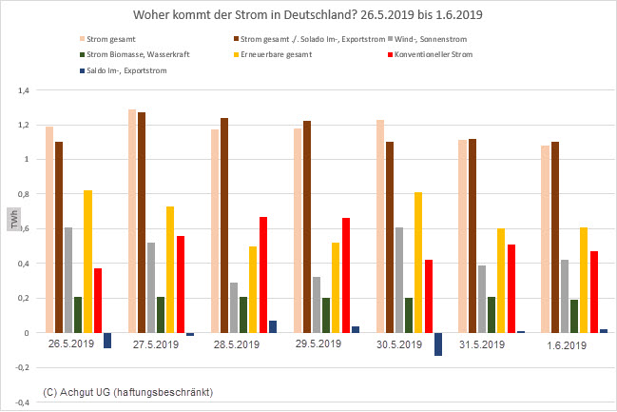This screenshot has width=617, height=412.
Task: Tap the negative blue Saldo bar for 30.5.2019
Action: [x=438, y=343]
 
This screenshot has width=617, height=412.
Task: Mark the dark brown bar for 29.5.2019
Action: [x=307, y=227]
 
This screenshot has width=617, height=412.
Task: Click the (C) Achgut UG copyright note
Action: [x=128, y=392]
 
